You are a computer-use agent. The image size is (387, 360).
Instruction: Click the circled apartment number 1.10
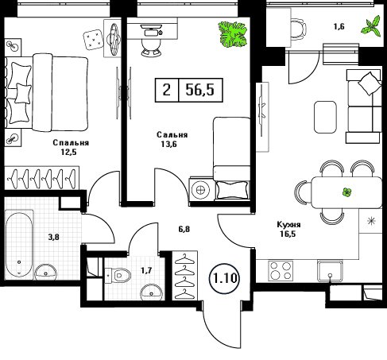pos(225,278)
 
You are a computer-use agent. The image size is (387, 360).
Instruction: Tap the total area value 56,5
pos(200,90)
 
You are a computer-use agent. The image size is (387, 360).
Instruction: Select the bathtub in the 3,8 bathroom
pos(19,244)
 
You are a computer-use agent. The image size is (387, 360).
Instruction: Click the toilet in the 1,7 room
pos(118,275)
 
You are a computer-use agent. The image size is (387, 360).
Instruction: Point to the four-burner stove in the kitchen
pos(281,271)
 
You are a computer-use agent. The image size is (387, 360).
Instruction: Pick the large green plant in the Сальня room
pos(233,34)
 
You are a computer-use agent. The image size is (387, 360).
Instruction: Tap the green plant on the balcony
pos(372,26)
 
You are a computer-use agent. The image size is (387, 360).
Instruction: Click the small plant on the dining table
pos(346,192)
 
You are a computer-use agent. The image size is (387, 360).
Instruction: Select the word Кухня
pos(288,225)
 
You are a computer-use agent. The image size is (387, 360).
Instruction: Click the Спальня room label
pos(71,143)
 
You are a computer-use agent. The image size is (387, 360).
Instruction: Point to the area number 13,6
pos(168,144)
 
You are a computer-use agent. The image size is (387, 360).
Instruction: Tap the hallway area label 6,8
pos(184,229)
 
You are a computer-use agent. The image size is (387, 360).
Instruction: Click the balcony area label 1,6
pos(339,26)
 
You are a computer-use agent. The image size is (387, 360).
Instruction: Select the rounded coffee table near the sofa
pos(325,117)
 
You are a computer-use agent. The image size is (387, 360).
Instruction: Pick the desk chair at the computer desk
pos(151,48)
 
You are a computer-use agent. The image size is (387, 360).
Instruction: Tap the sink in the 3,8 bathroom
pos(46,272)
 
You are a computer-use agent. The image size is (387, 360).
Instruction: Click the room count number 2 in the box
pos(166,90)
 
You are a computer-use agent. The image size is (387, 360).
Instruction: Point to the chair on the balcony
pos(299,29)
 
